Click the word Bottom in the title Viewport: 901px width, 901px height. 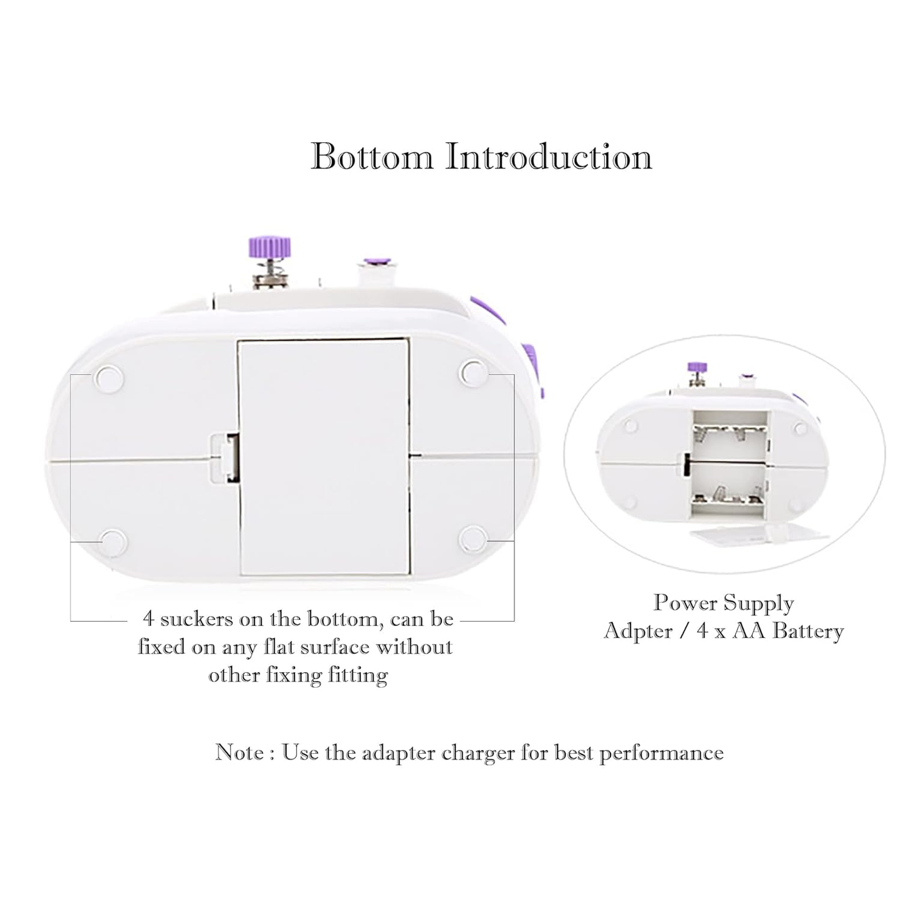(x=372, y=157)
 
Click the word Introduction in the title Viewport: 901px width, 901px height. (x=548, y=157)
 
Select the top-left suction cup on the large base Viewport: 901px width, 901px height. (x=108, y=378)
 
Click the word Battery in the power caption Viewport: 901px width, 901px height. (x=807, y=631)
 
